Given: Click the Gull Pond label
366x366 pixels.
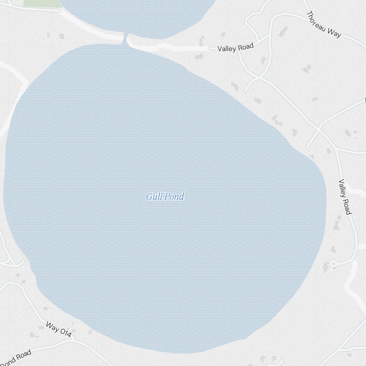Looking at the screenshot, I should pyautogui.click(x=165, y=197).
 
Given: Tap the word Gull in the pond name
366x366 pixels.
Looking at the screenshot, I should pyautogui.click(x=154, y=197).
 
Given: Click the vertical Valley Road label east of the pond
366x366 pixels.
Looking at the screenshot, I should pyautogui.click(x=345, y=197).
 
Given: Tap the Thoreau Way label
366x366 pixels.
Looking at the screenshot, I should pyautogui.click(x=324, y=25).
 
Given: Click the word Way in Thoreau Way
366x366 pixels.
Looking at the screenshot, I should pyautogui.click(x=335, y=32).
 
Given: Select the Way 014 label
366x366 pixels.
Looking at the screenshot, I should pyautogui.click(x=59, y=329).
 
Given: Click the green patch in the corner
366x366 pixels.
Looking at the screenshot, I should pyautogui.click(x=42, y=3).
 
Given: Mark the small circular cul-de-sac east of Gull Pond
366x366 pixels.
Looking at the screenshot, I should pyautogui.click(x=333, y=264).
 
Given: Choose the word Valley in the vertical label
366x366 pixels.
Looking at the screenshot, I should pyautogui.click(x=342, y=188).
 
